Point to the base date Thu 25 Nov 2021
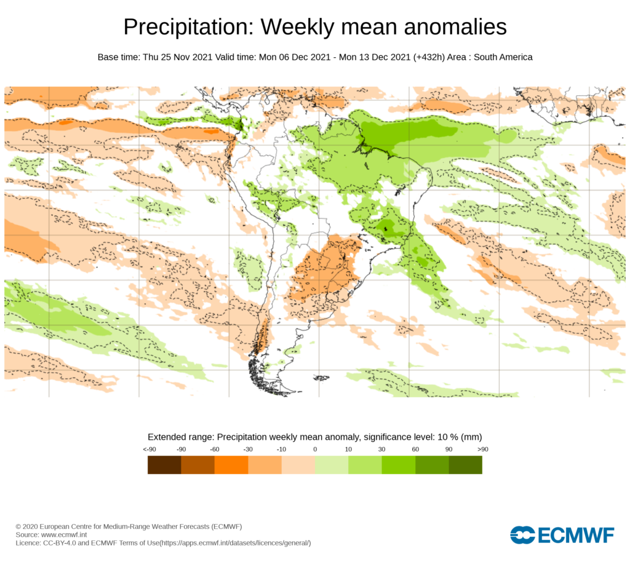(x=178, y=57)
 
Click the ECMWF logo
(x=562, y=534)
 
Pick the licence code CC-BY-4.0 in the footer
(x=63, y=543)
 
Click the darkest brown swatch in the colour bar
(x=164, y=465)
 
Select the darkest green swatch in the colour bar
(x=465, y=465)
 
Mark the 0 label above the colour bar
(x=315, y=450)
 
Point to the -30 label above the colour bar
(x=248, y=450)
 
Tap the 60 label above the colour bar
(x=415, y=450)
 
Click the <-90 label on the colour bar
(x=148, y=450)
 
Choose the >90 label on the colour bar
(x=482, y=450)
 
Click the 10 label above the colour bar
(x=348, y=450)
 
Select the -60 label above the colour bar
(x=215, y=450)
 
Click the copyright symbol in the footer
(x=18, y=527)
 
